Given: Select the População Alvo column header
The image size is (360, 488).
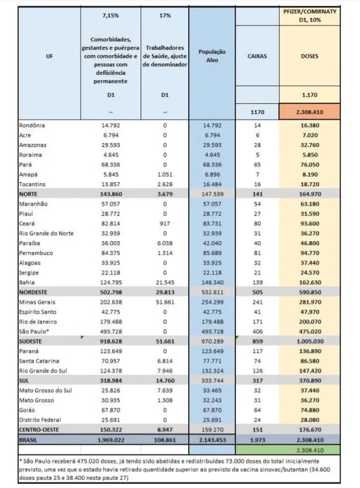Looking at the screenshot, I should pyautogui.click(x=211, y=55).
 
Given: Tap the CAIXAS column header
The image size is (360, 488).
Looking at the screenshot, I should pyautogui.click(x=257, y=56).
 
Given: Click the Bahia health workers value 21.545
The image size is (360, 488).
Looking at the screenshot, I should pyautogui.click(x=165, y=282).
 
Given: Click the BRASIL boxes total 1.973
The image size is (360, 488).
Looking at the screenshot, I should pyautogui.click(x=257, y=439).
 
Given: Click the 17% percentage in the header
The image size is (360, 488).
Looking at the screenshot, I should pyautogui.click(x=165, y=15).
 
